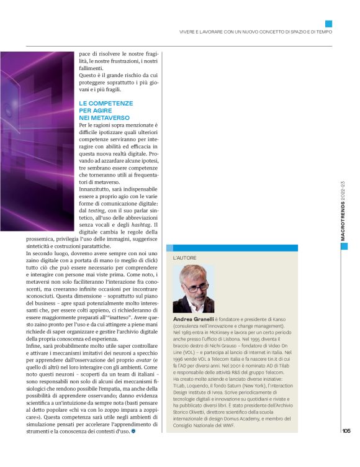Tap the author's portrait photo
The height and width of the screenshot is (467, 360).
point(193,289)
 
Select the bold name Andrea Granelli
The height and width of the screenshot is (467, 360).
point(193,318)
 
